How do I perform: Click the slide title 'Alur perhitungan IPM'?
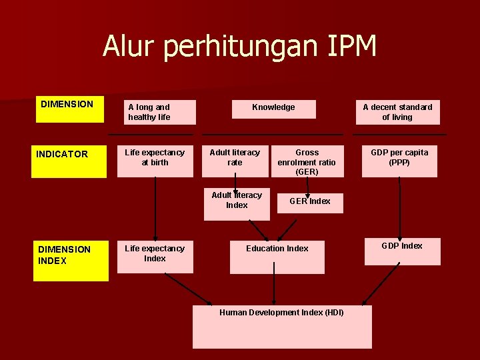[x=239, y=47]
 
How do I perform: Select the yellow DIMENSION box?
[x=69, y=110]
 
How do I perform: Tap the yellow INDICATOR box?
[x=69, y=160]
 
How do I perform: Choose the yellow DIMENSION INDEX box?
[x=70, y=260]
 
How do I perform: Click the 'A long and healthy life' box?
[x=157, y=112]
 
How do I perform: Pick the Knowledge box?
[x=273, y=109]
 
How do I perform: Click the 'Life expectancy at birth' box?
[x=155, y=161]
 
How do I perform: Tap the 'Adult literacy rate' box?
[x=235, y=161]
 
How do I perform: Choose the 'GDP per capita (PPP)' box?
[x=399, y=161]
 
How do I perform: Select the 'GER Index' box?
[x=310, y=203]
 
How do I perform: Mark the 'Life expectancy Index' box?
[x=155, y=257]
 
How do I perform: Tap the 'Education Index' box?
[x=277, y=257]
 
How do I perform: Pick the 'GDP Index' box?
[x=402, y=251]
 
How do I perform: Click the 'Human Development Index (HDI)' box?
[x=282, y=327]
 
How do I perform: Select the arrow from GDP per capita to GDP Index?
[x=400, y=207]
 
